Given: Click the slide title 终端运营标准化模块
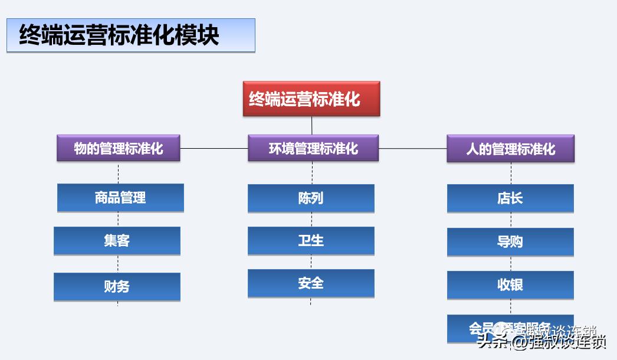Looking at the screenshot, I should tap(120, 35).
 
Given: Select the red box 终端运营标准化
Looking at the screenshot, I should tap(311, 99).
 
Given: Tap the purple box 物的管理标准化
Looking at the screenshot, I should tap(119, 148).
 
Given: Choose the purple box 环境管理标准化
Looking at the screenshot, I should tap(313, 148).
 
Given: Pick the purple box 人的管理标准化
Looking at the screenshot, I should tap(510, 148).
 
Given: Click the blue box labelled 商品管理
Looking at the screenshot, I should tap(120, 198).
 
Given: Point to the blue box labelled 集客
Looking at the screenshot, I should tap(117, 241).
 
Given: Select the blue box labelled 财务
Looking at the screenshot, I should tap(117, 287).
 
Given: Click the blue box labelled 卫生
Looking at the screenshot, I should tap(311, 241).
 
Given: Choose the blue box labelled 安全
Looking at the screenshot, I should tap(311, 283).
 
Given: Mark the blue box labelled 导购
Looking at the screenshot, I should tap(510, 241).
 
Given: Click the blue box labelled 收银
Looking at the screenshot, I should tap(510, 285).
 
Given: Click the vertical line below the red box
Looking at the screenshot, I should tap(312, 125).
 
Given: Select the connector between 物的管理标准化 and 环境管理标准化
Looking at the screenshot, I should tap(214, 148).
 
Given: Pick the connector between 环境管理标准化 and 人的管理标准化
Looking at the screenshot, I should tap(412, 148).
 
